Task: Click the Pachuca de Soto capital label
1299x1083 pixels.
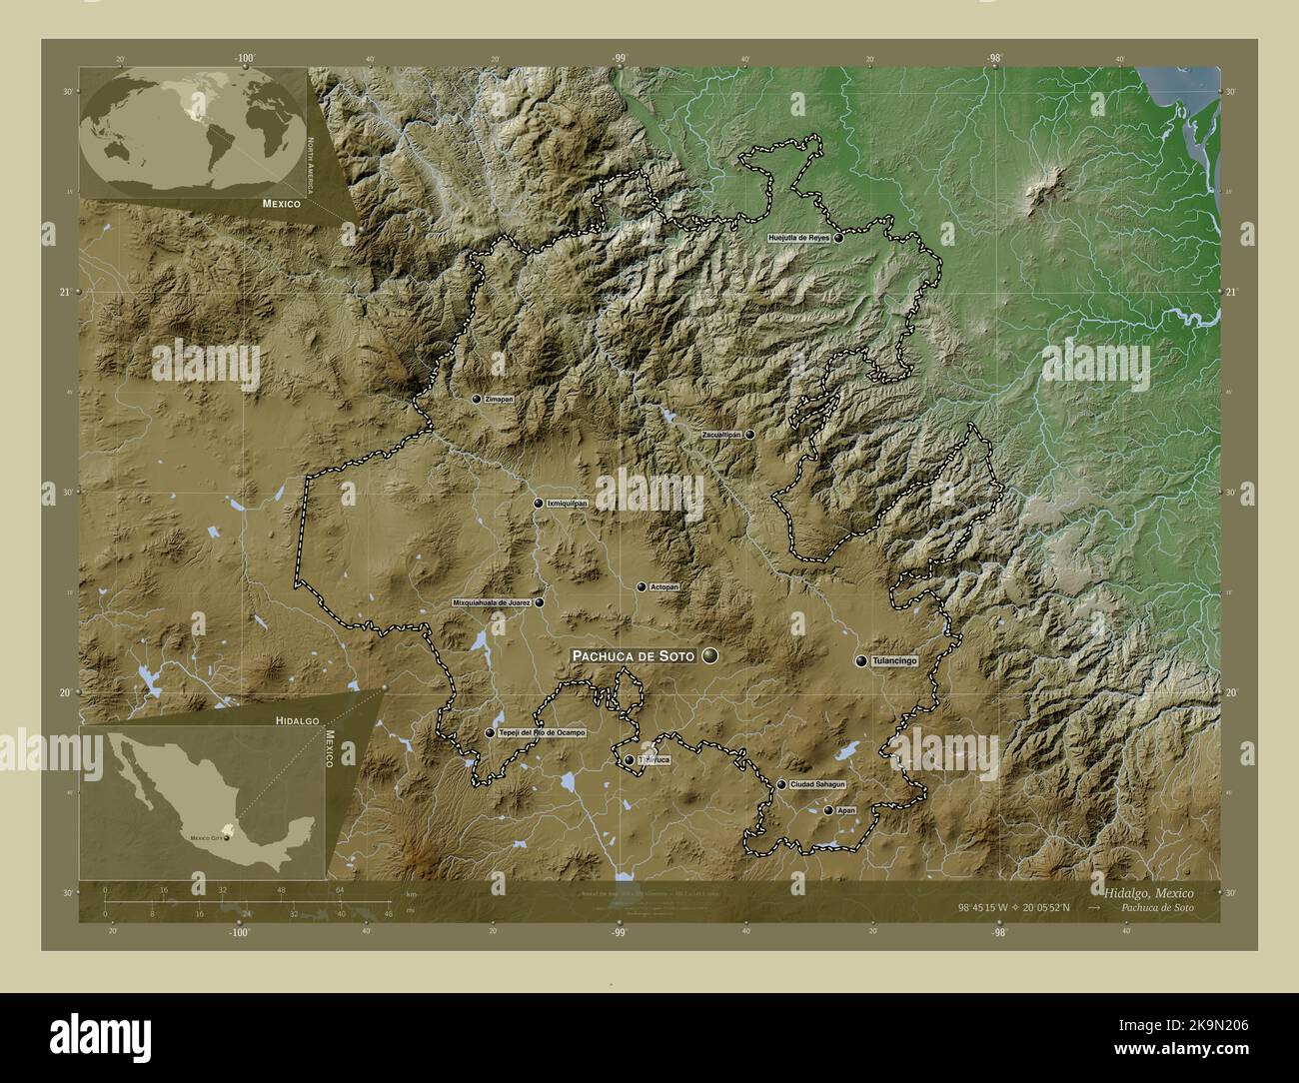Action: pos(632,655)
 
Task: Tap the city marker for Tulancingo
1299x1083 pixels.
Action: pos(860,660)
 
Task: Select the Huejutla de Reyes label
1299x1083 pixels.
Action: pos(798,239)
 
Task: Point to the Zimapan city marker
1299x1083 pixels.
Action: pos(477,399)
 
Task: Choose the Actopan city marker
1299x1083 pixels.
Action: pos(642,586)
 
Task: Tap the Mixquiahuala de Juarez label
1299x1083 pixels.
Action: pos(492,603)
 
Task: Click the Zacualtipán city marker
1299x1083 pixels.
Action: pos(748,436)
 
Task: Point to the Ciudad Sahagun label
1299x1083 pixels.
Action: pos(817,785)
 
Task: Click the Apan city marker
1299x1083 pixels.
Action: pos(827,810)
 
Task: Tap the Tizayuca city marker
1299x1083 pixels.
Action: pos(629,760)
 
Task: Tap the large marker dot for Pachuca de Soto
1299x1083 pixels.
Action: pos(710,655)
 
